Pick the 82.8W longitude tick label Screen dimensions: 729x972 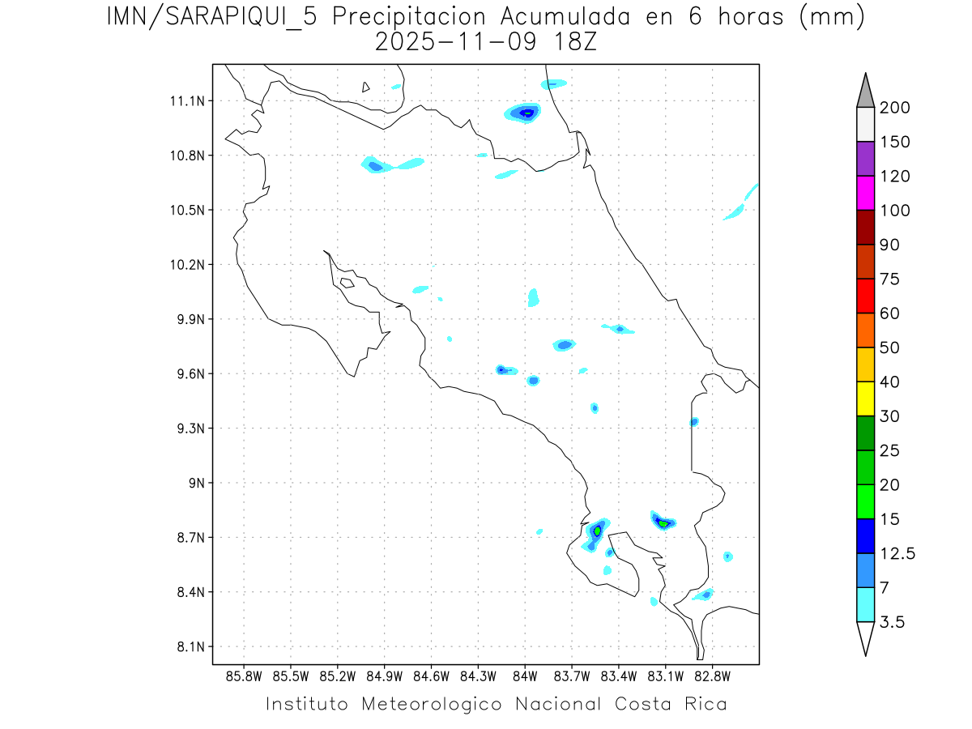pyautogui.click(x=713, y=676)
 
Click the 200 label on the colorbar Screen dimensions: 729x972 pyautogui.click(x=895, y=108)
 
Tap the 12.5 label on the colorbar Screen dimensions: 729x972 pyautogui.click(x=897, y=553)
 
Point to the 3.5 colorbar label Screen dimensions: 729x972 pyautogui.click(x=892, y=622)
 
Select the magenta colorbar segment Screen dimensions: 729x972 pyautogui.click(x=865, y=193)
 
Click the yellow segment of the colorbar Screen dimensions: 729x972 pyautogui.click(x=865, y=399)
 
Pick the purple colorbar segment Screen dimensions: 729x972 pyautogui.click(x=865, y=159)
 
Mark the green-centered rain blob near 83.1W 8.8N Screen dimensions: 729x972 pyautogui.click(x=663, y=522)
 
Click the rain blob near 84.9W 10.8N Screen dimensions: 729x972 pyautogui.click(x=375, y=166)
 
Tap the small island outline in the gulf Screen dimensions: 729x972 pyautogui.click(x=347, y=283)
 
